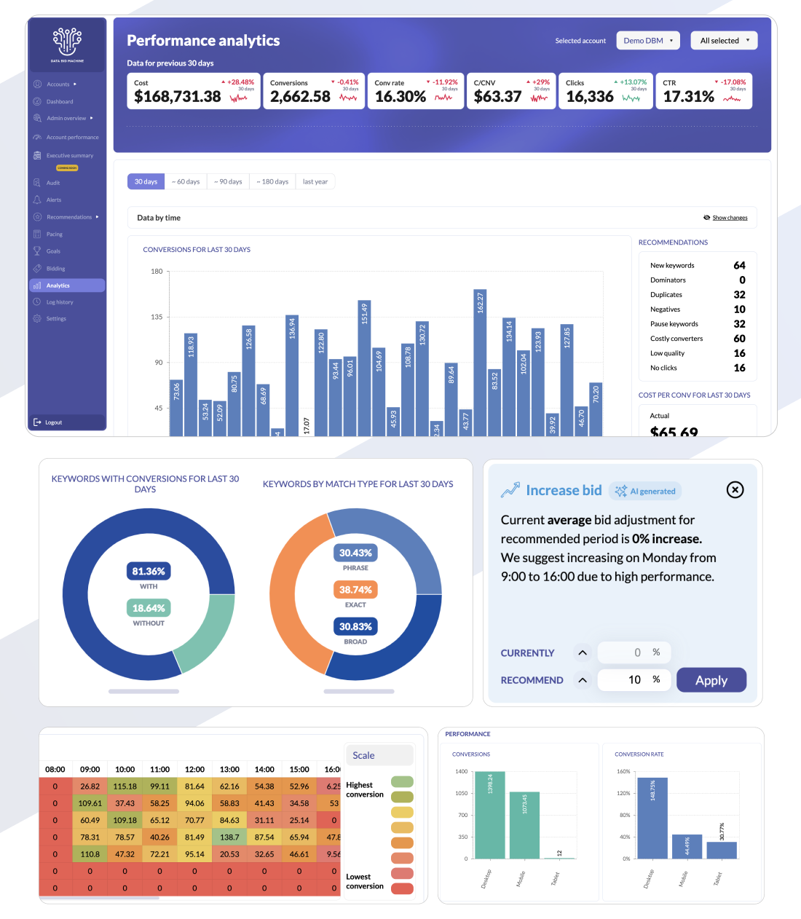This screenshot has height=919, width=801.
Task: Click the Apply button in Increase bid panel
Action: pos(711,680)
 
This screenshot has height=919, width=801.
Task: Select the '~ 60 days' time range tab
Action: pos(186,182)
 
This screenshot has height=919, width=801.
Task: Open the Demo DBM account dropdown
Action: pos(648,41)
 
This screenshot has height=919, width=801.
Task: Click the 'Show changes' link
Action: pos(729,218)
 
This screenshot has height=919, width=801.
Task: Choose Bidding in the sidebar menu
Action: pos(55,269)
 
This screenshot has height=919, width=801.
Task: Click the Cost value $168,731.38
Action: pos(178,97)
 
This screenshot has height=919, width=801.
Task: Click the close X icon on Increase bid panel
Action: pos(735,490)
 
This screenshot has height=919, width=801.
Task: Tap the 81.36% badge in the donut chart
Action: pos(149,572)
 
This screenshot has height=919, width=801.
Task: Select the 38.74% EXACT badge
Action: pos(355,590)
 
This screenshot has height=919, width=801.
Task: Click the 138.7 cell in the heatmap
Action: pos(229,837)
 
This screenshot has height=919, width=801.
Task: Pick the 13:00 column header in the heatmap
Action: pos(229,770)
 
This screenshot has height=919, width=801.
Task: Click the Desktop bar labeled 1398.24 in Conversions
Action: pos(489,816)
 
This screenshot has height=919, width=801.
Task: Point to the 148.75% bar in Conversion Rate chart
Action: pos(652,819)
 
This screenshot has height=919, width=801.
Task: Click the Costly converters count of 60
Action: pos(739,339)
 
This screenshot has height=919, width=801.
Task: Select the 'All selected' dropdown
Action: pos(724,41)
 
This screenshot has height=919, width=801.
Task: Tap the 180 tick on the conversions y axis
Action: pos(157,272)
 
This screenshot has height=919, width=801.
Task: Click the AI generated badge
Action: pos(646,492)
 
